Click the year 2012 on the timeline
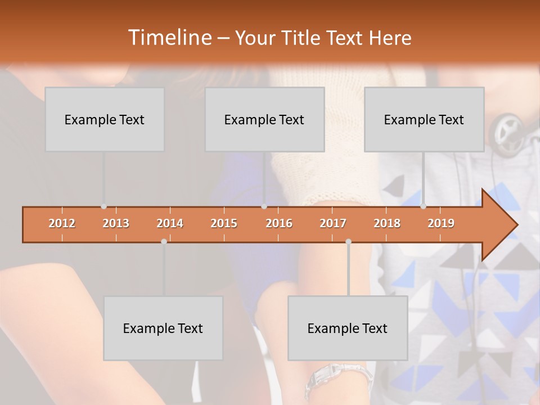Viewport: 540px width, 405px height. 62,223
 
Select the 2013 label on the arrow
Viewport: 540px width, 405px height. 116,223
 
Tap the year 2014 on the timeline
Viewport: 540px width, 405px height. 170,223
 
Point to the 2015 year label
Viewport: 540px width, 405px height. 224,223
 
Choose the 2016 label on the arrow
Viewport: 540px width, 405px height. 279,223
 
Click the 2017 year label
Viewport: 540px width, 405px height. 333,223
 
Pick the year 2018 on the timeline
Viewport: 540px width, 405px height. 387,223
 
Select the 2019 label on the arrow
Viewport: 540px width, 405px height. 441,223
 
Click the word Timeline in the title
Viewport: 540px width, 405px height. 169,38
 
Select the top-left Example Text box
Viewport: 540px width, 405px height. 105,119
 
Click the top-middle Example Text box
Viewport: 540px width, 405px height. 264,119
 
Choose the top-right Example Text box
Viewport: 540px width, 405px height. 424,119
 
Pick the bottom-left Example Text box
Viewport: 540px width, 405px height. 163,328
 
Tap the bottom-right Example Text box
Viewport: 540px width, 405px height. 348,328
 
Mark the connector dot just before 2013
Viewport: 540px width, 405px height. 103,206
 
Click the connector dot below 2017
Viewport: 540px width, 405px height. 348,242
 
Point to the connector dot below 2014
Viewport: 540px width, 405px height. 164,242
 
